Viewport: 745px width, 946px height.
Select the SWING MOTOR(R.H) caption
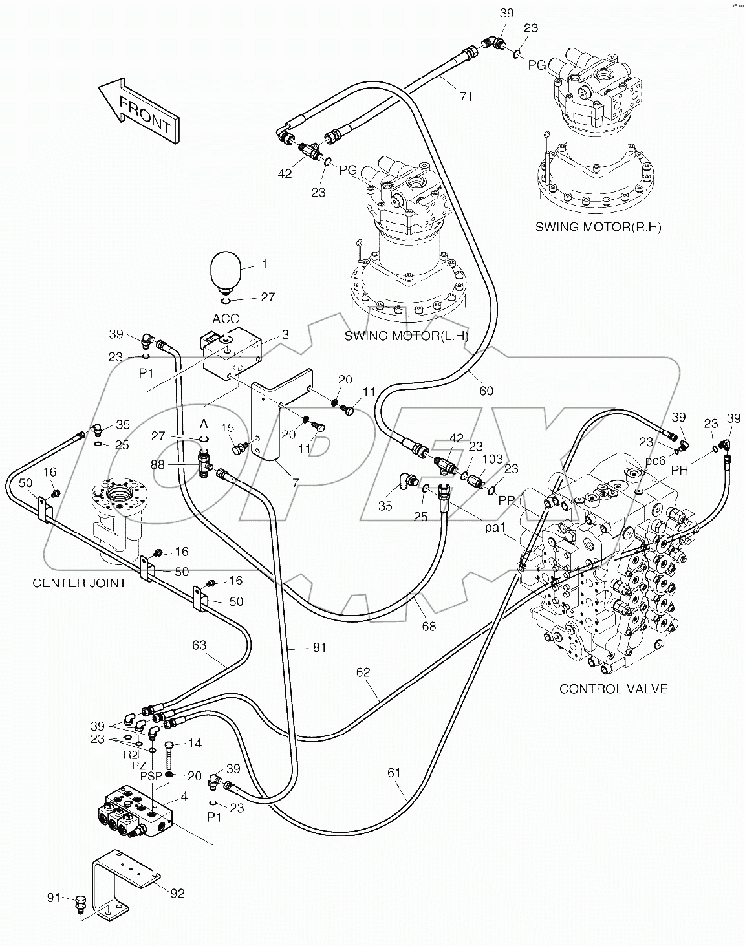598,227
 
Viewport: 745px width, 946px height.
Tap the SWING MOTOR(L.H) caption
406,336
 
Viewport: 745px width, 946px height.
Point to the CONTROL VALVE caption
613,689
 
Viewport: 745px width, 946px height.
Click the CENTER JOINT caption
80,583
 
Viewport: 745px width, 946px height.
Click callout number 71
466,97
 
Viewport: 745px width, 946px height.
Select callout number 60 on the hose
486,391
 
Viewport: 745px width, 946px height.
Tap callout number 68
429,626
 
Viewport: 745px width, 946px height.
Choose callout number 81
319,647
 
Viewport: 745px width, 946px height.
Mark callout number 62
363,672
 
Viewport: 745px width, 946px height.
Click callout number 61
394,772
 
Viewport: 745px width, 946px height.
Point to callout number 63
199,644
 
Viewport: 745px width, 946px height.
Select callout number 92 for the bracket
177,893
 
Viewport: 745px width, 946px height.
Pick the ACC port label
226,319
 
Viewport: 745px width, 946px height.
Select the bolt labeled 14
169,753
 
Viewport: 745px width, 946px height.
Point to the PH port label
679,471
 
